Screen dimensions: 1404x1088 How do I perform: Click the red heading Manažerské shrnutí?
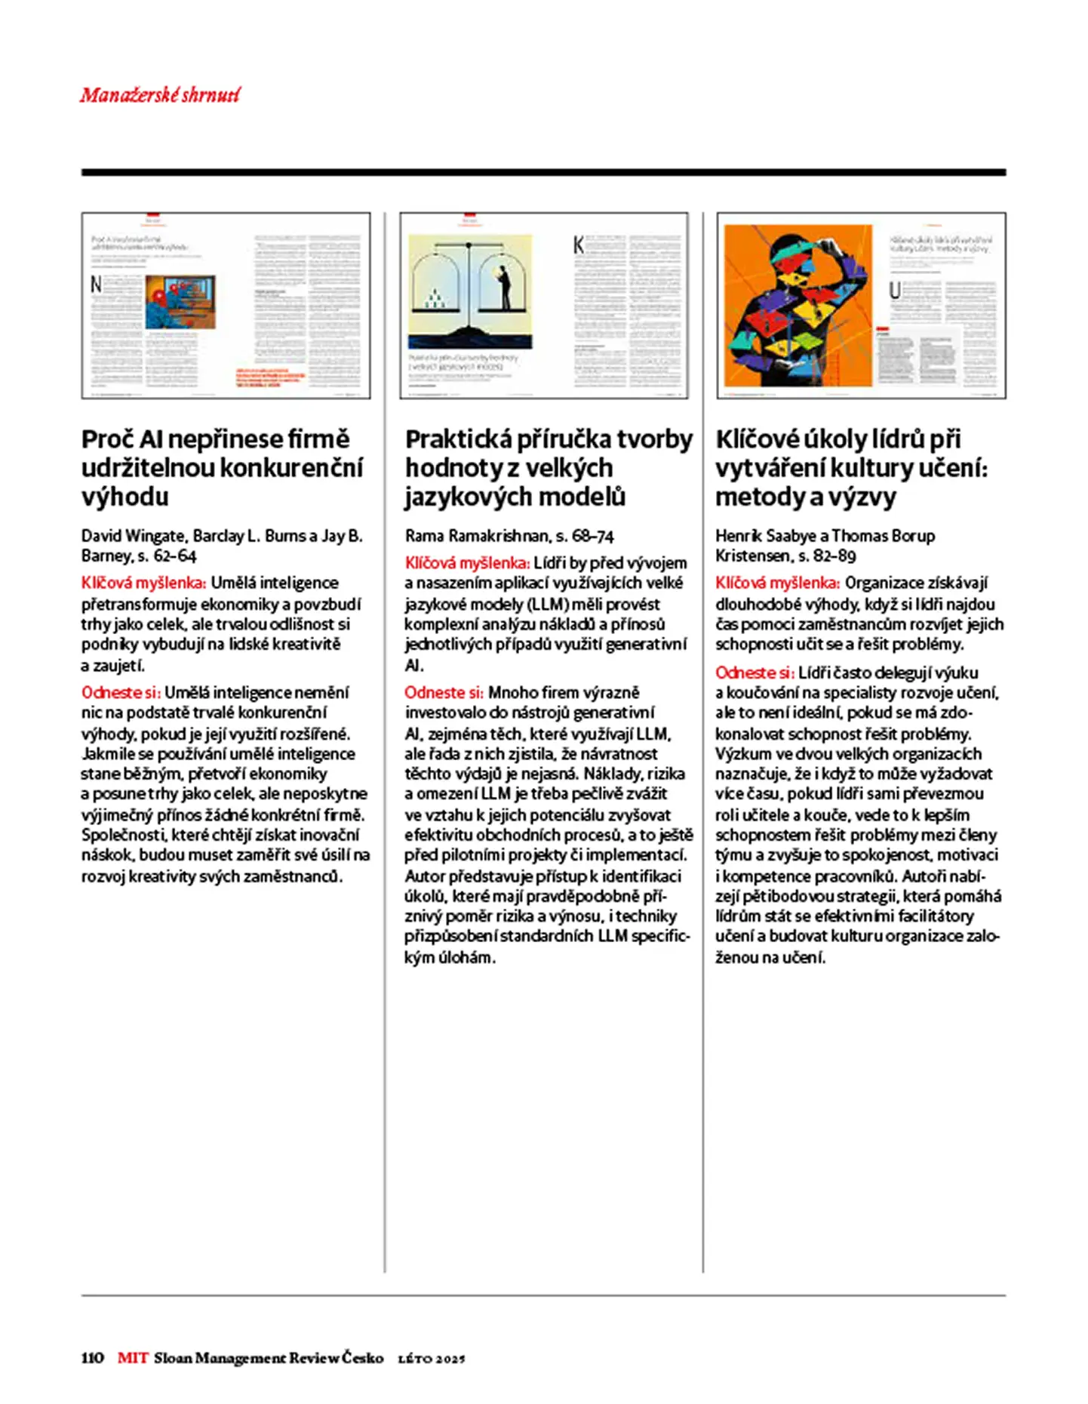click(x=160, y=95)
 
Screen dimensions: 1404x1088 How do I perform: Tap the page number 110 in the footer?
click(x=92, y=1357)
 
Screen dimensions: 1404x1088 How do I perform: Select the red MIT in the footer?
click(x=133, y=1357)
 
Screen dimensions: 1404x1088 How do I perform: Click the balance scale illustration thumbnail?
click(x=470, y=291)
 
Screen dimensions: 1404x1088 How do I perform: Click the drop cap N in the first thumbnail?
click(x=96, y=284)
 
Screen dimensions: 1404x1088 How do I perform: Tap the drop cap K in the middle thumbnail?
click(x=578, y=245)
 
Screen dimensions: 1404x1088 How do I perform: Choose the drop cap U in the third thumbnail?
click(x=895, y=291)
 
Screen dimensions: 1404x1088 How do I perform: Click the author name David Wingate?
click(x=134, y=536)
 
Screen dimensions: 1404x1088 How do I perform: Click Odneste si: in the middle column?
click(x=444, y=692)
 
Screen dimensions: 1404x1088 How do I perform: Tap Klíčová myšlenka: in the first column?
click(x=143, y=583)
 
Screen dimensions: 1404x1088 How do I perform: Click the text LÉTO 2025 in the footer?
click(x=432, y=1358)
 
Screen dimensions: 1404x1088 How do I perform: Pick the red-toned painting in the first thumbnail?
click(x=180, y=301)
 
